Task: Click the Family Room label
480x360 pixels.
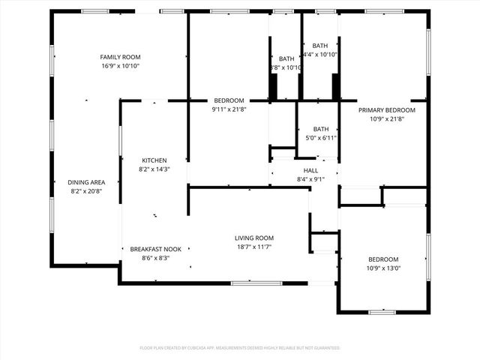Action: [x=121, y=57]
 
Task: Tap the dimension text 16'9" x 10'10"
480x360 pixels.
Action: [x=121, y=66]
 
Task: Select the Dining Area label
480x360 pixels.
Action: [x=87, y=182]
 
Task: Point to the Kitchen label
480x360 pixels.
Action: [x=154, y=160]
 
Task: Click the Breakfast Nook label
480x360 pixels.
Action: [x=155, y=249]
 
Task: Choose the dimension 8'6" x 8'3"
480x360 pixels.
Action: [x=155, y=258]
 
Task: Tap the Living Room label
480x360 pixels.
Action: [x=253, y=238]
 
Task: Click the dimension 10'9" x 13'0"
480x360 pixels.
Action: [x=383, y=268]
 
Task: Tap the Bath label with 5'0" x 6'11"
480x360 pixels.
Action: [x=321, y=129]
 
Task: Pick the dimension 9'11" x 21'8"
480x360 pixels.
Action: [x=229, y=109]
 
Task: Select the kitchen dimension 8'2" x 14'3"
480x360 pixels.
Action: [x=154, y=169]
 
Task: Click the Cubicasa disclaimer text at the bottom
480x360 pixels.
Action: [x=240, y=348]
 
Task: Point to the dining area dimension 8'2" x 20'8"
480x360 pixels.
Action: [x=87, y=191]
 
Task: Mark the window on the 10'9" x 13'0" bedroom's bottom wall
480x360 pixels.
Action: [x=382, y=311]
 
